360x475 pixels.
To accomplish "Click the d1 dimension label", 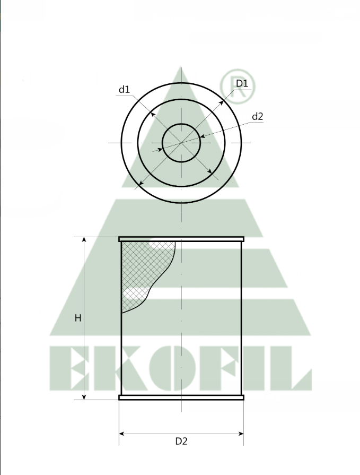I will [124, 90].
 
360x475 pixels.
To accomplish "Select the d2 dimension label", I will [258, 117].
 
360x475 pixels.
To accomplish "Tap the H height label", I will [78, 318].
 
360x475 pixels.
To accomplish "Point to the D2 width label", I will [181, 441].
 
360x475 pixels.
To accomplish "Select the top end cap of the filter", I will [181, 239].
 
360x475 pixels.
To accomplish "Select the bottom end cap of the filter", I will [181, 397].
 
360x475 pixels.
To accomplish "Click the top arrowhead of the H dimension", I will [84, 240].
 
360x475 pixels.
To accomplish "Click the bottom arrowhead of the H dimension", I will [84, 396].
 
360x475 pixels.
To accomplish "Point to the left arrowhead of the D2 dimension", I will [122, 434].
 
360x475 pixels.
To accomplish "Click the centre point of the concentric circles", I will [181, 143].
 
